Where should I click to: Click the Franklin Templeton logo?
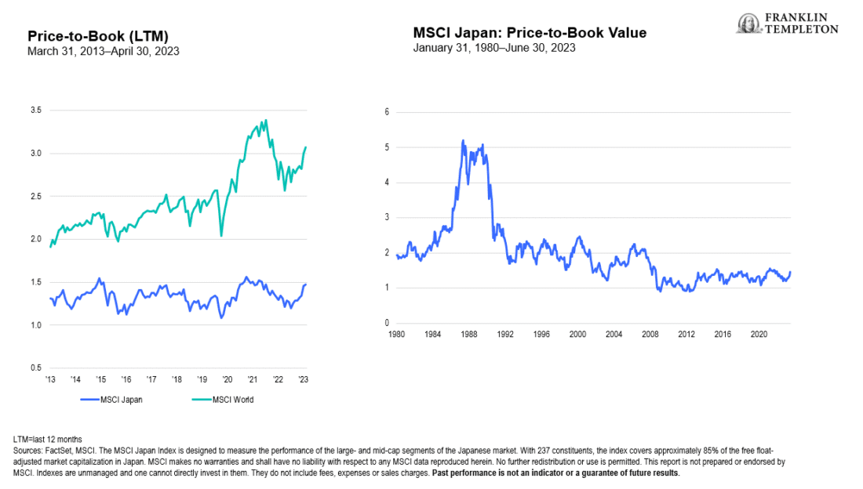click(787, 24)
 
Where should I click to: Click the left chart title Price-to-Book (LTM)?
click(98, 36)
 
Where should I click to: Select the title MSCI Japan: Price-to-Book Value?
click(530, 32)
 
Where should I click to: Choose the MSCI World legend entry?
click(223, 400)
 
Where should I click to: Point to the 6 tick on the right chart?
click(387, 112)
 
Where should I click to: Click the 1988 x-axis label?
click(469, 334)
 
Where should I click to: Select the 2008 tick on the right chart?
click(650, 334)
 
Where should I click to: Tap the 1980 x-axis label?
click(397, 334)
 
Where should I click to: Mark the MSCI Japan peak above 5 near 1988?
click(463, 140)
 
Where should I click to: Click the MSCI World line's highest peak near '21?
click(266, 120)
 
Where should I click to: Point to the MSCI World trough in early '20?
click(221, 235)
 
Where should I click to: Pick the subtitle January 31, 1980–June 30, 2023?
click(494, 47)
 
